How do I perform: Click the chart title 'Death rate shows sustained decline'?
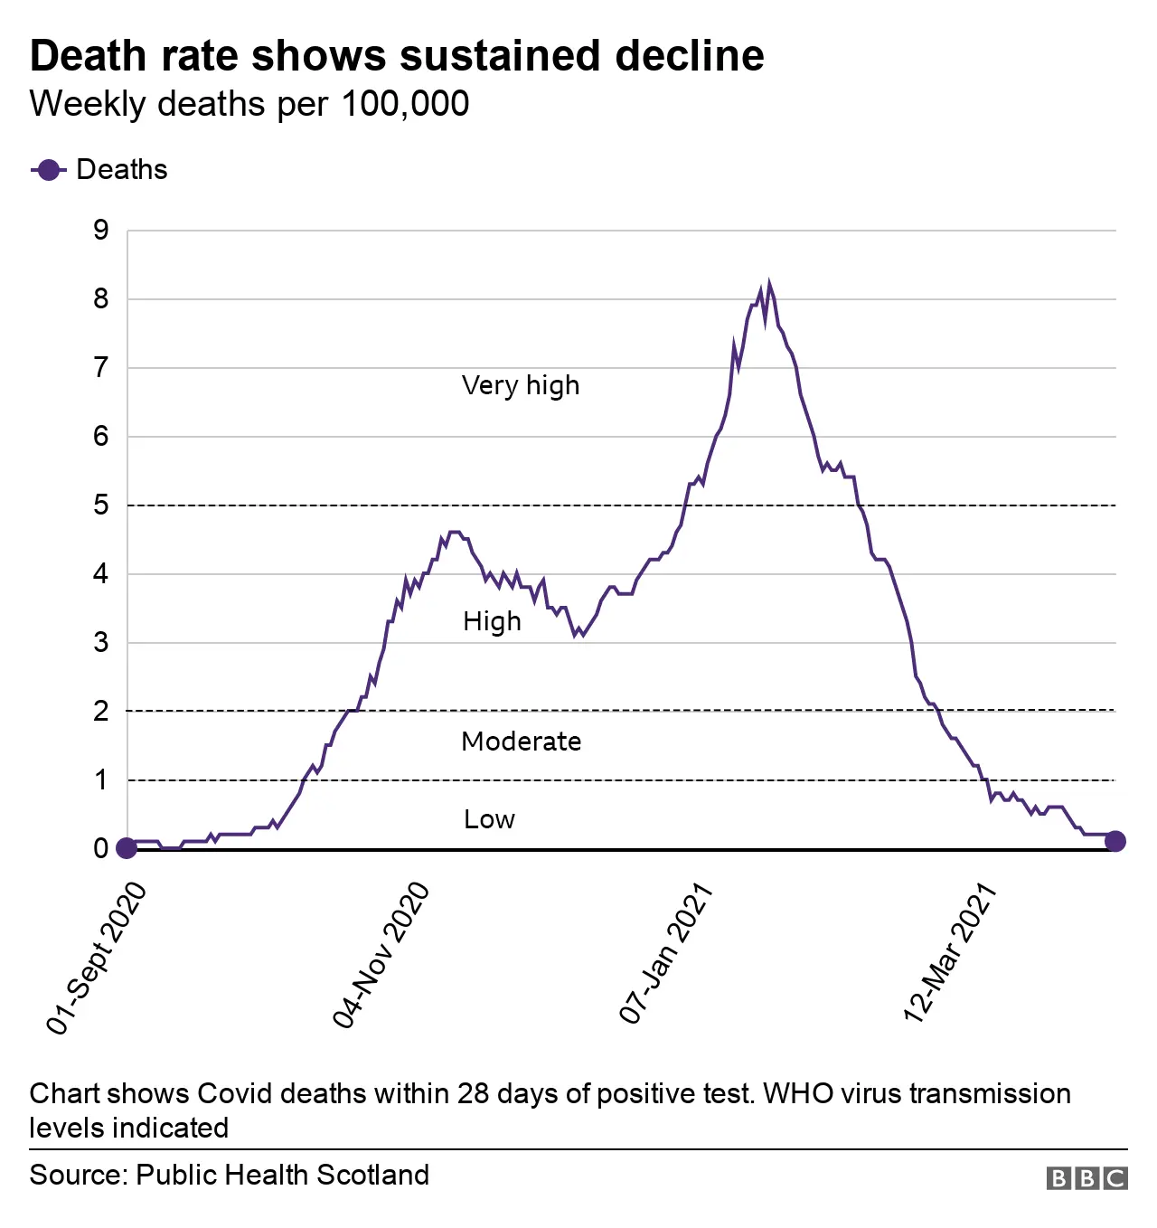tap(397, 56)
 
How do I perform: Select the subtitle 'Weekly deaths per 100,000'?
tap(249, 104)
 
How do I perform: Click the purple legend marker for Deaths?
tap(48, 170)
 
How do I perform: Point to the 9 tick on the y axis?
tap(100, 231)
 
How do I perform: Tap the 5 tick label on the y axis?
tap(100, 505)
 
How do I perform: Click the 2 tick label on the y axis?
tap(100, 712)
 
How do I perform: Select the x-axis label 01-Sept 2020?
tap(97, 958)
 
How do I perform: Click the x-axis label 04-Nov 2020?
tap(381, 956)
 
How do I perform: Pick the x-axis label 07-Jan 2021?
tap(666, 954)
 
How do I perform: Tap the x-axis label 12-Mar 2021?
tap(950, 954)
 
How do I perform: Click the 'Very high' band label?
tap(521, 386)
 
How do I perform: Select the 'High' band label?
tap(492, 622)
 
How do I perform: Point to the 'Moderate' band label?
tap(521, 742)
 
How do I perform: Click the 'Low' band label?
tap(489, 819)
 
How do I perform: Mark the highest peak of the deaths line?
tap(769, 284)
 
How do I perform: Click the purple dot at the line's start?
tap(127, 848)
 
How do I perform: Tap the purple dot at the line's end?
tap(1115, 841)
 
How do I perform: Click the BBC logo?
tap(1086, 1178)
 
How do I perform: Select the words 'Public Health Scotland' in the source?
tap(282, 1175)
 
